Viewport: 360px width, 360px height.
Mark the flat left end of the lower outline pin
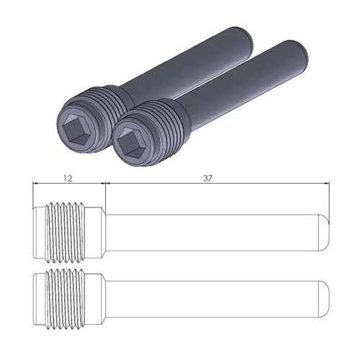point(35,300)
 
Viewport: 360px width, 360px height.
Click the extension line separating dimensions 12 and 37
point(105,194)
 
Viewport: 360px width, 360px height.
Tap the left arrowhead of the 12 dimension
point(37,184)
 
